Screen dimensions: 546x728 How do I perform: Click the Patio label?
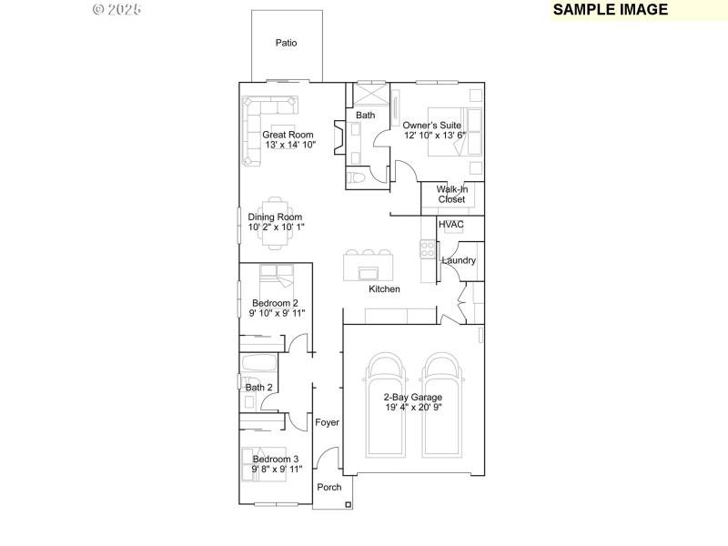click(287, 43)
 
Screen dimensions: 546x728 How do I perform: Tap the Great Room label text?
click(288, 135)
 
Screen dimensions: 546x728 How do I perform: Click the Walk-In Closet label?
click(451, 194)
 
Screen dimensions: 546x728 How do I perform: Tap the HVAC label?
click(451, 224)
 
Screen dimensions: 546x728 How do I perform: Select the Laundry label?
click(459, 261)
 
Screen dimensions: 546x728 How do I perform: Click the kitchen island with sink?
click(369, 270)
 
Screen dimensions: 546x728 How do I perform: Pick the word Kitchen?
click(384, 289)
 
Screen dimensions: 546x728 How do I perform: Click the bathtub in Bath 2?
click(258, 365)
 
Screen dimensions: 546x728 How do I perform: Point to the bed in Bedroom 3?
click(261, 463)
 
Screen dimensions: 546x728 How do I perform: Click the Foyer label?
click(327, 422)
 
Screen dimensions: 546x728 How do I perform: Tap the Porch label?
click(329, 488)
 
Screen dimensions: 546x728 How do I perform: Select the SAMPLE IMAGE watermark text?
click(611, 10)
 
